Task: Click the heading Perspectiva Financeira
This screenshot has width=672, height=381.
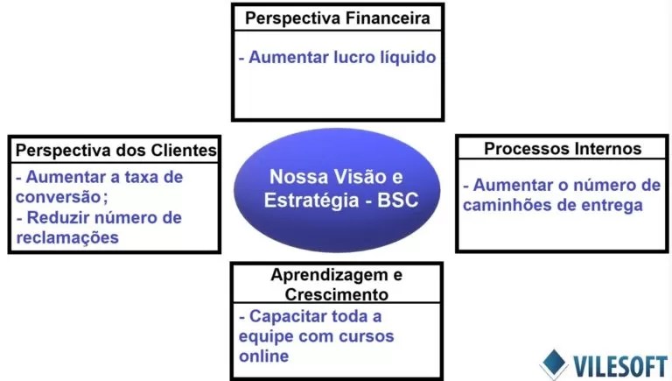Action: coord(338,18)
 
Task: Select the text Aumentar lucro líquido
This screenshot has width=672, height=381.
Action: coord(337,57)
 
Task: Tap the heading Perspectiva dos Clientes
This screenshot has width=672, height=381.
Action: coord(115,150)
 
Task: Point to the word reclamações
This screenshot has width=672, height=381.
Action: coord(67,237)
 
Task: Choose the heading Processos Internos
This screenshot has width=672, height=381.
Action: coord(562,148)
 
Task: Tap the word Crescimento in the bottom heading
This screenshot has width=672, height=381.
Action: coord(337,294)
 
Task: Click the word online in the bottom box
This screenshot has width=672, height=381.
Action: coord(263,356)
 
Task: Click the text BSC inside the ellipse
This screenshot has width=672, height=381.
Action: coord(398,201)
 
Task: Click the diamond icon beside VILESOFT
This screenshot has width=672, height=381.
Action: coord(554,363)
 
